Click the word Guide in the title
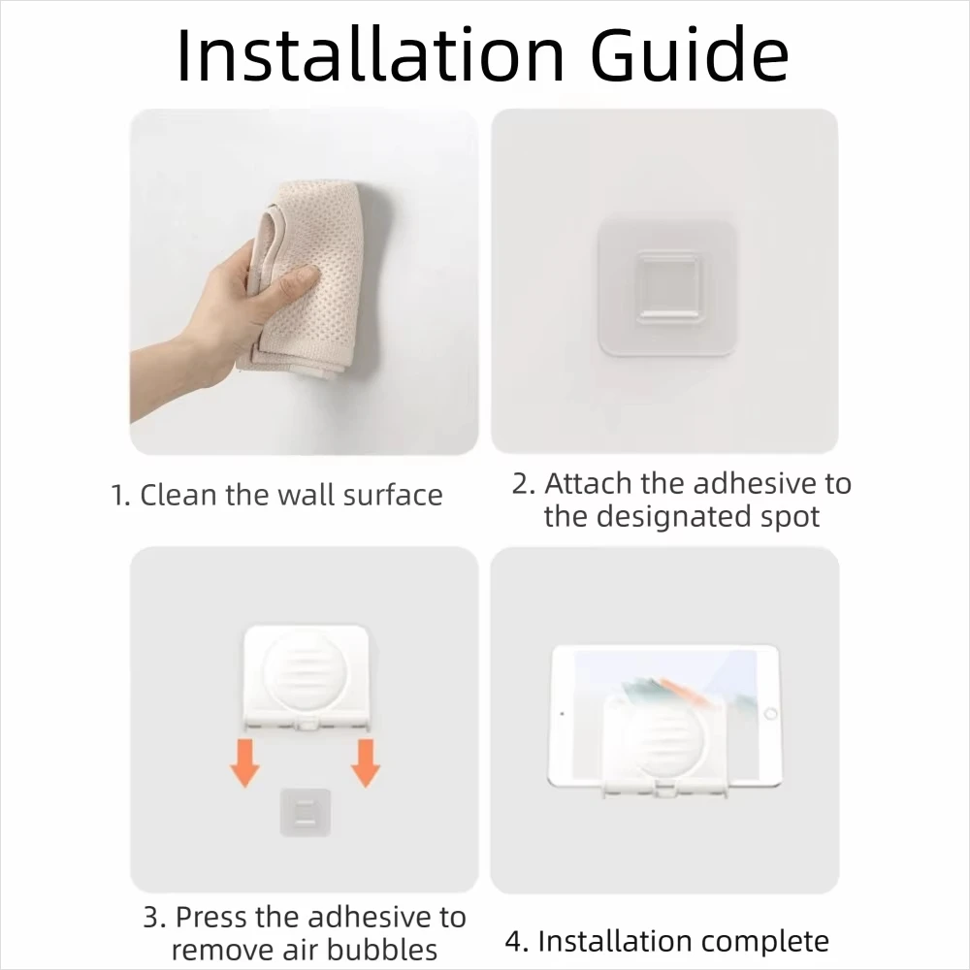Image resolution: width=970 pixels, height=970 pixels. coord(691,54)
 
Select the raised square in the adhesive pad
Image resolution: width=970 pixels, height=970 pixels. coord(668,287)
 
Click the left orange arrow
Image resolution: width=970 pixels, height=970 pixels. coord(245,762)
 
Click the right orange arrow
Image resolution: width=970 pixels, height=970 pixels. coord(366,762)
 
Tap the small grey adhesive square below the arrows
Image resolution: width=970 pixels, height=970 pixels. coord(305,812)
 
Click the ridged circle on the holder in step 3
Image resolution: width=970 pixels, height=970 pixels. coord(305,670)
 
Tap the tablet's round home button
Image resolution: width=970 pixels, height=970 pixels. coord(771,713)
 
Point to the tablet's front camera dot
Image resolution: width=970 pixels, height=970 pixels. coord(562,713)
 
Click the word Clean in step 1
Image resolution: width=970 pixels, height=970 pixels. coord(178,495)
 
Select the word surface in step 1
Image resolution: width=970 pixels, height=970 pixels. coord(393,495)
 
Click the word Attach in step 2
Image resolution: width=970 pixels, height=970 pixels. coord(589,483)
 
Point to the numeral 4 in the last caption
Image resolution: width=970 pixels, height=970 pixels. coord(513,942)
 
